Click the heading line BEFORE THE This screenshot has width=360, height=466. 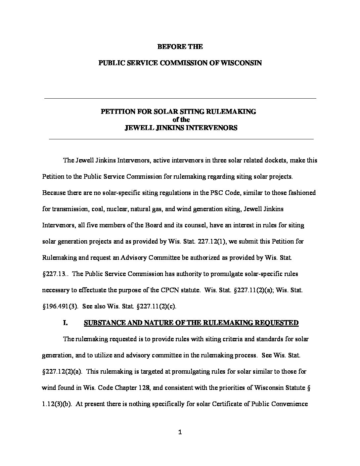click(180, 47)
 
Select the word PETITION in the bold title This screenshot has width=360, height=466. click(116, 112)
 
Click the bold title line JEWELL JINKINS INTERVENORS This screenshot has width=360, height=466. click(181, 128)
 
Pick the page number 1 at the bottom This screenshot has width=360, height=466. click(180, 432)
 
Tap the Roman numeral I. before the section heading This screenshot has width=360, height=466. click(66, 323)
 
